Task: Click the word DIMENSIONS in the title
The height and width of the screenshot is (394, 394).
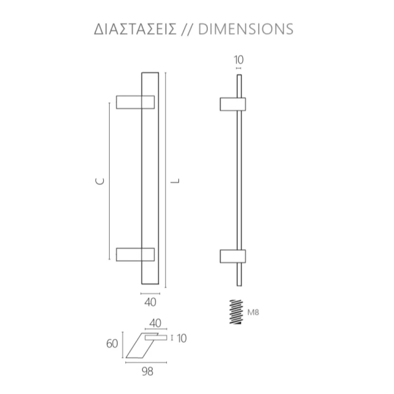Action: click(245, 29)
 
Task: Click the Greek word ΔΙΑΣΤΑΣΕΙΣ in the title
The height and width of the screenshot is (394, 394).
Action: click(135, 29)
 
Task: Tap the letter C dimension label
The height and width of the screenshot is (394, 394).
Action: click(100, 181)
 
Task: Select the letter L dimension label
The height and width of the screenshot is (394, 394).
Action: click(175, 181)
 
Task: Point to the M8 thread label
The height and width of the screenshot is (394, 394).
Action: click(253, 312)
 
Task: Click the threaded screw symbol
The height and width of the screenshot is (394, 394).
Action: click(236, 312)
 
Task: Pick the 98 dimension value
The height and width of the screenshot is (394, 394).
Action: click(147, 371)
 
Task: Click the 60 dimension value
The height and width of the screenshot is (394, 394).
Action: click(112, 343)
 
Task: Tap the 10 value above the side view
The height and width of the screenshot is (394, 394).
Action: click(239, 60)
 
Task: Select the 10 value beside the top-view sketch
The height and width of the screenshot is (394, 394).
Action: click(182, 338)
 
